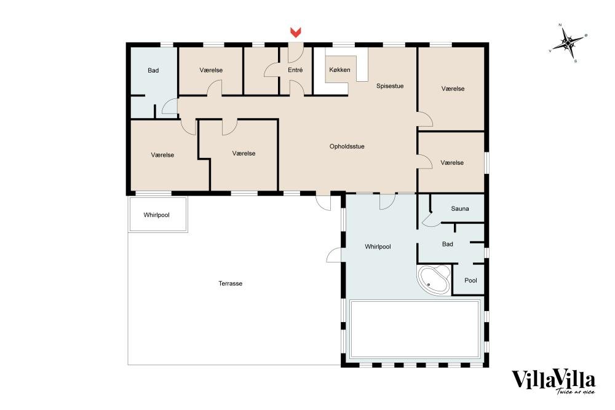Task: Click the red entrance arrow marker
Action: (x=295, y=33)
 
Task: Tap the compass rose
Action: (x=568, y=42)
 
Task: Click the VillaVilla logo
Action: (x=553, y=381)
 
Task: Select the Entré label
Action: (x=295, y=70)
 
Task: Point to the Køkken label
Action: (x=339, y=70)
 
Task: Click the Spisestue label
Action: (x=390, y=86)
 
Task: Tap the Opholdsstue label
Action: (x=347, y=146)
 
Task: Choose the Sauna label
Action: (x=459, y=209)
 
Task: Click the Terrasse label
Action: (x=230, y=283)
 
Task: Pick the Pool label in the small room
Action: (x=470, y=280)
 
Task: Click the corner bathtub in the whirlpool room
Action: (x=434, y=279)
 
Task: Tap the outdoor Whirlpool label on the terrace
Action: (x=156, y=215)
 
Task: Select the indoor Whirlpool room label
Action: (x=378, y=246)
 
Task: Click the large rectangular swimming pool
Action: (x=415, y=329)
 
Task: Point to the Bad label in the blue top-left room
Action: (x=153, y=71)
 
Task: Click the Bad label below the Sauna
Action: (x=448, y=244)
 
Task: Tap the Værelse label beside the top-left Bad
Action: (x=211, y=70)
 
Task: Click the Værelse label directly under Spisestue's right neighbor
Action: (x=452, y=163)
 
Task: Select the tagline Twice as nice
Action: (x=575, y=391)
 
